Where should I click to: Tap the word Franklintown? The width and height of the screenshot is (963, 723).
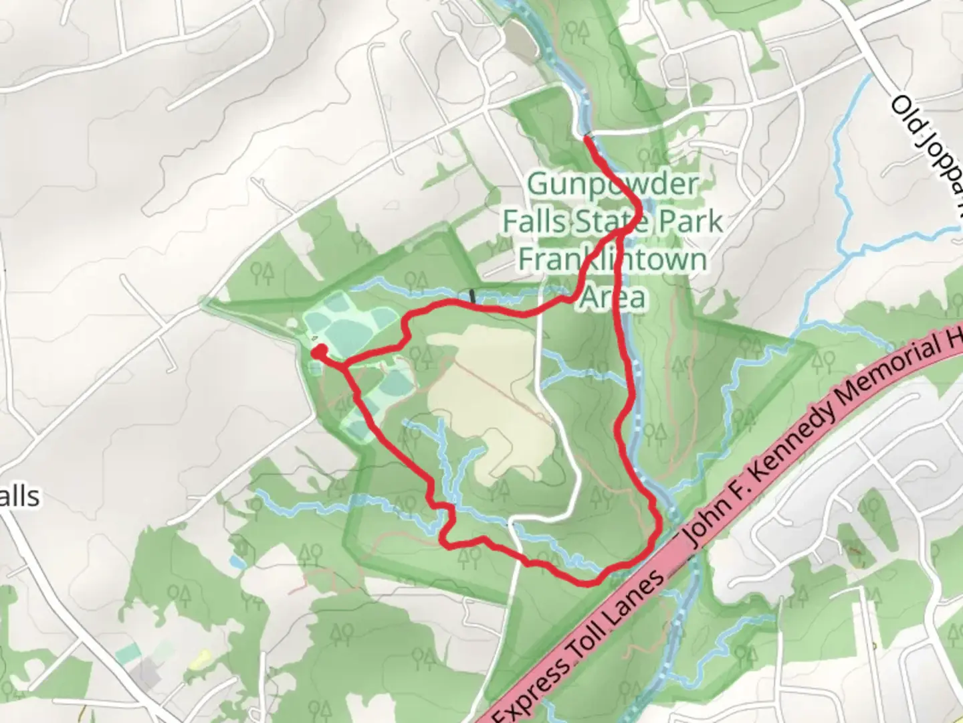point(613,258)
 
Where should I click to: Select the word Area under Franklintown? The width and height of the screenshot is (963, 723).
point(613,297)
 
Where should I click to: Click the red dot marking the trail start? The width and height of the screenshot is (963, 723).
point(319,350)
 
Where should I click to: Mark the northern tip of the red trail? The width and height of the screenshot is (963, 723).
point(586,137)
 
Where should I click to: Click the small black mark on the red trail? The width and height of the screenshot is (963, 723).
point(473,295)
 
